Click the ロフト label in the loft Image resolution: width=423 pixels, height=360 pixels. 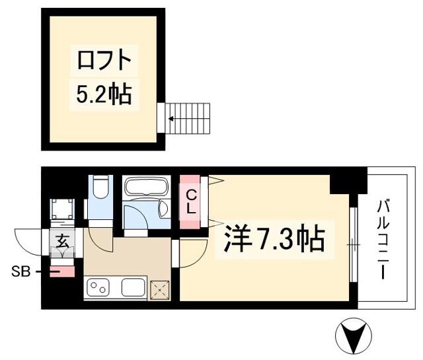tap(104, 60)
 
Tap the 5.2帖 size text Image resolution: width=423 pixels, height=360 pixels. tap(104, 94)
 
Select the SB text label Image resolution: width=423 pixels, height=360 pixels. tap(20, 272)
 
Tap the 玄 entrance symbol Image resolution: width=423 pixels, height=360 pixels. tap(62, 242)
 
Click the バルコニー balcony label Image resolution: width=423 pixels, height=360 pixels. tap(383, 240)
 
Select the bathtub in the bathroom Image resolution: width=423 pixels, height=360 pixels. tap(147, 186)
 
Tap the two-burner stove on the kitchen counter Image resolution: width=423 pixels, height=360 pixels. tap(98, 287)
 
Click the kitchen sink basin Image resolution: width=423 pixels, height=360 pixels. tap(134, 287)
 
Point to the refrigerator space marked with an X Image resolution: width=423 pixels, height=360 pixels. tap(160, 291)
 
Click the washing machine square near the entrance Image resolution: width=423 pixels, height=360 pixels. tap(63, 209)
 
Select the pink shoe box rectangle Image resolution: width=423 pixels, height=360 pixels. tap(62, 271)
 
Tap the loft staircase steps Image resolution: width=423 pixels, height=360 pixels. tap(188, 118)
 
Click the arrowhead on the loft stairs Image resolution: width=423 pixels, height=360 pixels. tap(171, 118)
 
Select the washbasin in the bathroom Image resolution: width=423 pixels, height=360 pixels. tap(163, 209)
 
